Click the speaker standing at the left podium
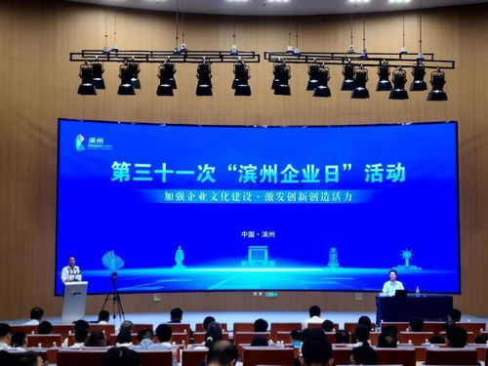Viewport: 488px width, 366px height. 70,270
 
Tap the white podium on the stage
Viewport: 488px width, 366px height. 75,300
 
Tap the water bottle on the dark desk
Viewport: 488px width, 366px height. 418,291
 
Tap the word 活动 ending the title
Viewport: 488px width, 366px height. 385,173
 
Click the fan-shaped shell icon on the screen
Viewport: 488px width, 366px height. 113,261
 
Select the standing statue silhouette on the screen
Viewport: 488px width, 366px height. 179,257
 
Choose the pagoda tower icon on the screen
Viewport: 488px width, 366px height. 333,257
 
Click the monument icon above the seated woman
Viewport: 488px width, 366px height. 404,259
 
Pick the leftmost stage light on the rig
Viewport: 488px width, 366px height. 87,80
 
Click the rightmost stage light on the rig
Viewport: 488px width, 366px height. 437,86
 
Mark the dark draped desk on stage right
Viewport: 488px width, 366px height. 415,307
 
